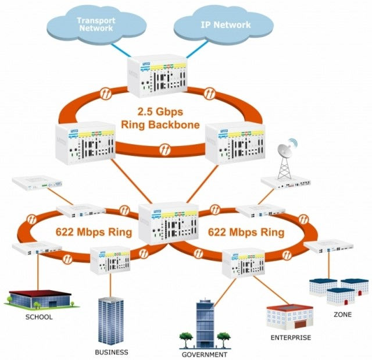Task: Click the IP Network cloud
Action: pyautogui.click(x=226, y=25)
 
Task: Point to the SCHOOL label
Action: pyautogui.click(x=39, y=317)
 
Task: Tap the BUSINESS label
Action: pyautogui.click(x=112, y=352)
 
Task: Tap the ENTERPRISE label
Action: pyautogui.click(x=291, y=337)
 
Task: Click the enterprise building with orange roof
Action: pyautogui.click(x=290, y=315)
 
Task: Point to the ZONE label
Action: pyautogui.click(x=342, y=314)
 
